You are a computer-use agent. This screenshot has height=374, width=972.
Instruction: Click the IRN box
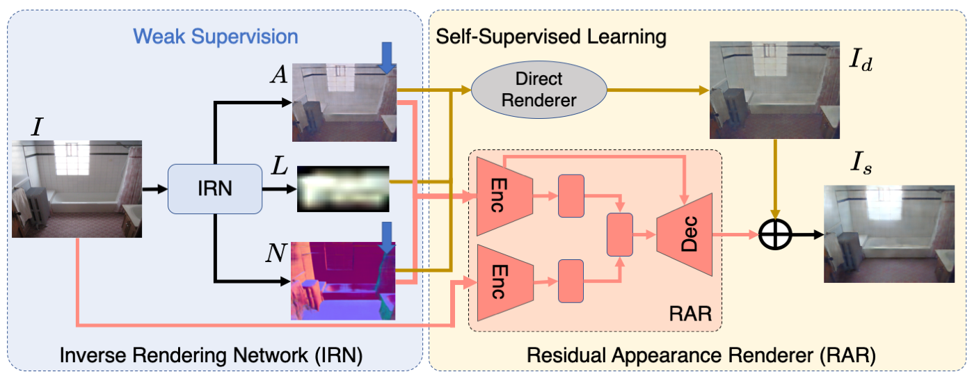[x=215, y=189]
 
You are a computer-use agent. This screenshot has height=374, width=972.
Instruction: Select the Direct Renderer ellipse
[x=539, y=90]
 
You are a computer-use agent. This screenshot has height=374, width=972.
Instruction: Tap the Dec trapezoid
[x=685, y=234]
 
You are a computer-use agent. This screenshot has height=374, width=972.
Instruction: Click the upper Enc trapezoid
[x=504, y=196]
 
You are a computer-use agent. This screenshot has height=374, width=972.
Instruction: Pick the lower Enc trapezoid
[x=505, y=282]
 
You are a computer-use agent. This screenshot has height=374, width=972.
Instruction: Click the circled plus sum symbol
[x=775, y=235]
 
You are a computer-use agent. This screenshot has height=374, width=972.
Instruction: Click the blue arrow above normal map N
[x=386, y=238]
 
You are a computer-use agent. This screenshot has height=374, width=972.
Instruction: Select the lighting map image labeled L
[x=343, y=189]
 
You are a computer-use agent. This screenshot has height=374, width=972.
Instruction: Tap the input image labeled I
[x=77, y=189]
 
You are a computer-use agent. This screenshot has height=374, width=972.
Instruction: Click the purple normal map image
[x=343, y=281]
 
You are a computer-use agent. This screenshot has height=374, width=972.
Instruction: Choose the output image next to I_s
[x=889, y=234]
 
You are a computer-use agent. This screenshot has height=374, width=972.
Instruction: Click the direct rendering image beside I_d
[x=774, y=90]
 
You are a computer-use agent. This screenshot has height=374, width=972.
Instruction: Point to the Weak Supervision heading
[x=215, y=36]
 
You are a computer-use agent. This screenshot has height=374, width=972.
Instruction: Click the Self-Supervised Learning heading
[x=551, y=36]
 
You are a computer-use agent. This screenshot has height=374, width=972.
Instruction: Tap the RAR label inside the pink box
[x=690, y=314]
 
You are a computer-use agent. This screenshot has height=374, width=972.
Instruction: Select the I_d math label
[x=861, y=60]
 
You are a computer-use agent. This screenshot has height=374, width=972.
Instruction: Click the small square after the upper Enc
[x=571, y=196]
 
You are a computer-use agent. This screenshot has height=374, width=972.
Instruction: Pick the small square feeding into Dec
[x=620, y=234]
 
